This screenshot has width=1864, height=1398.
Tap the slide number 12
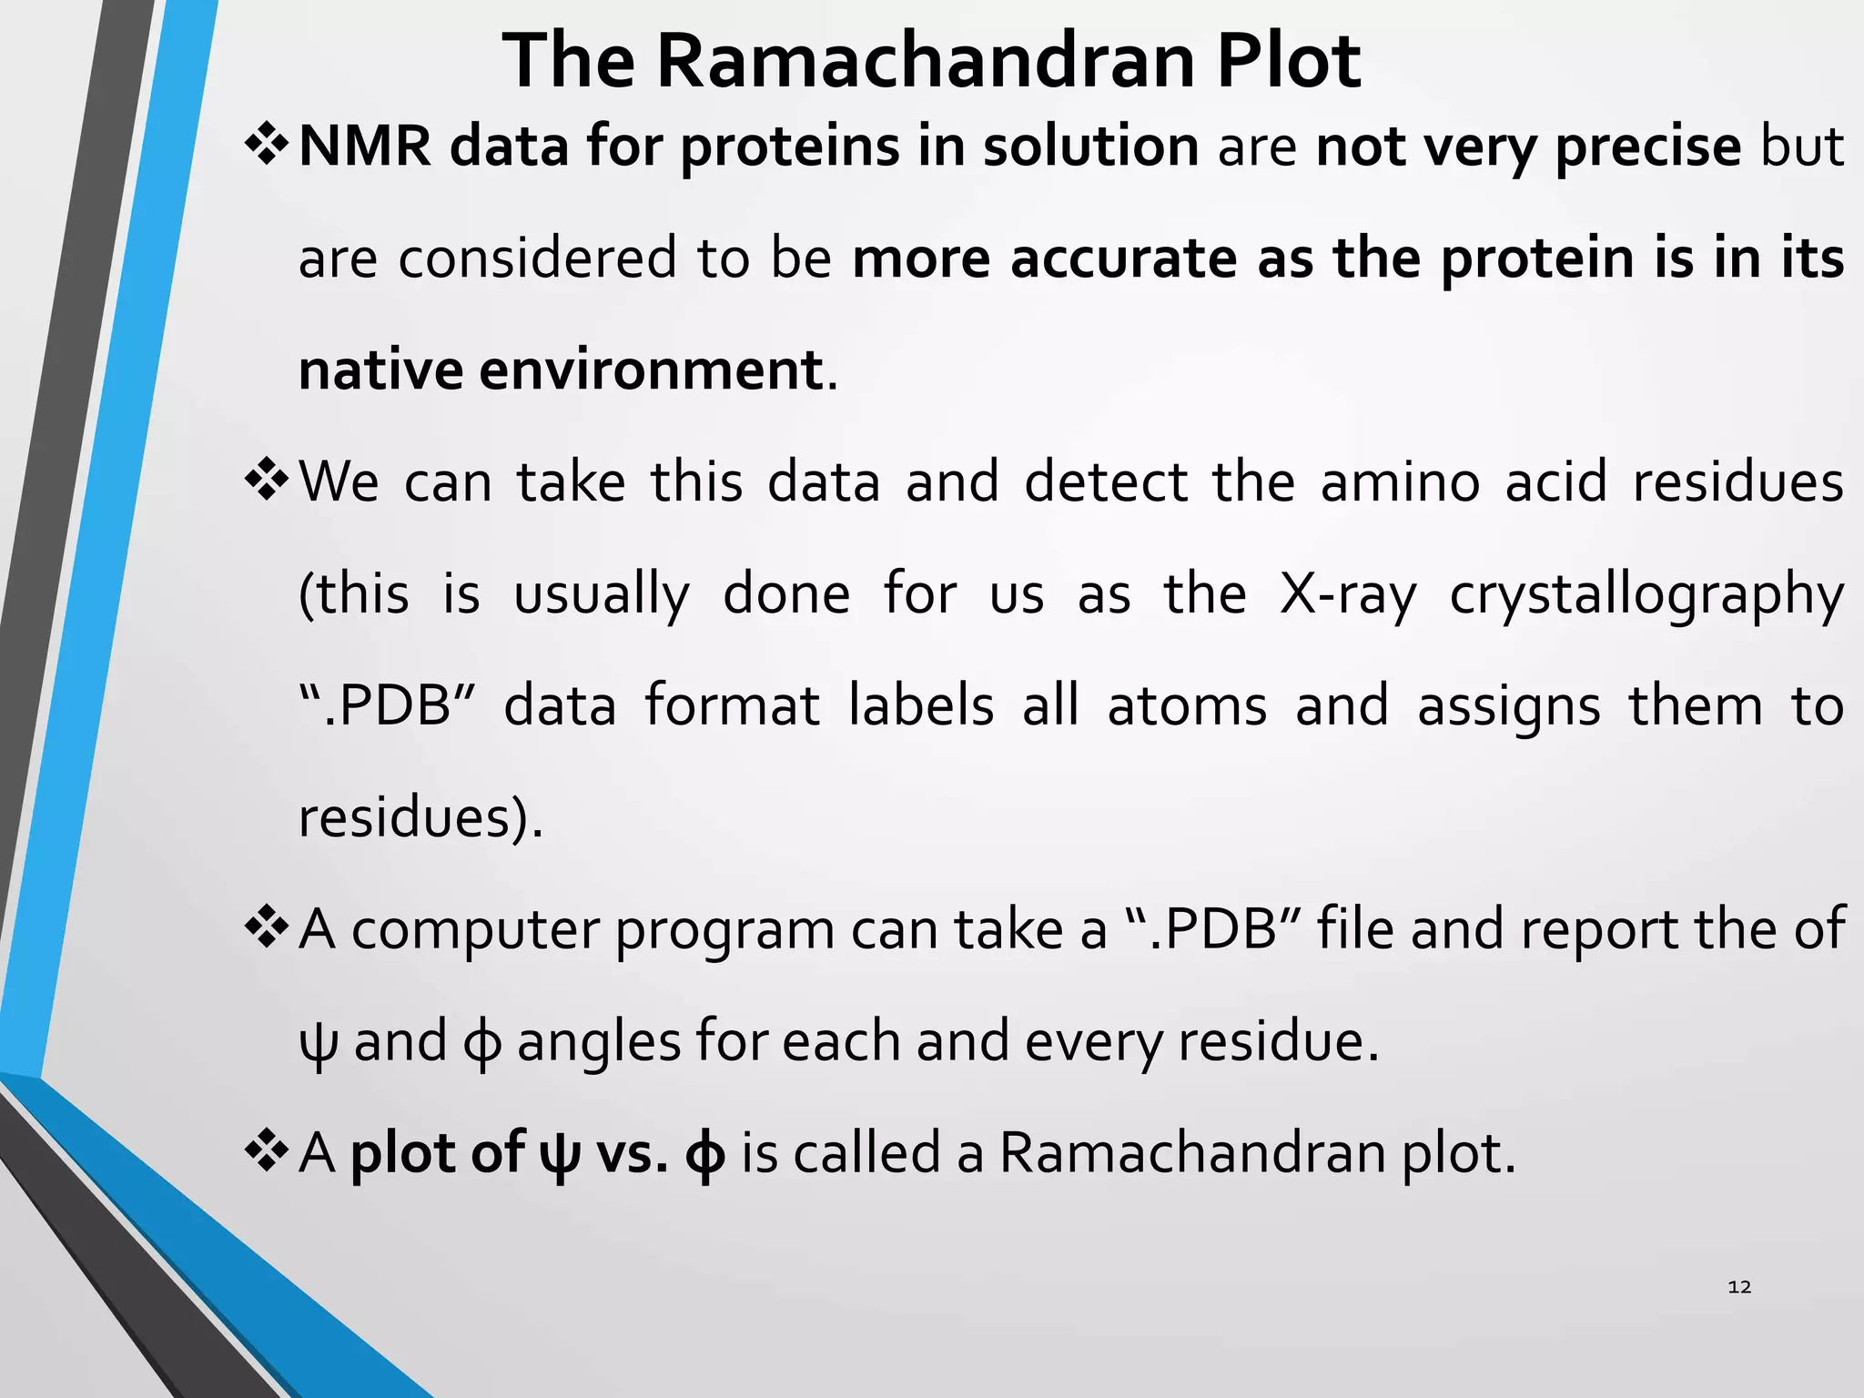click(1738, 1286)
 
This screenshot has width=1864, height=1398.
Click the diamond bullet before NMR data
click(267, 146)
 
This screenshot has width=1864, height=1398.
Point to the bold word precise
click(1647, 147)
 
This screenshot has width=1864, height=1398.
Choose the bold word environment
click(651, 370)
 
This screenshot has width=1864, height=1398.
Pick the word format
click(733, 706)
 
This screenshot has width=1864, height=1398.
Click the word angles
click(598, 1042)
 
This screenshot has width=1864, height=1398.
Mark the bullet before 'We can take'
click(267, 481)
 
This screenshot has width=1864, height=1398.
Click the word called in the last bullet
click(865, 1153)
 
